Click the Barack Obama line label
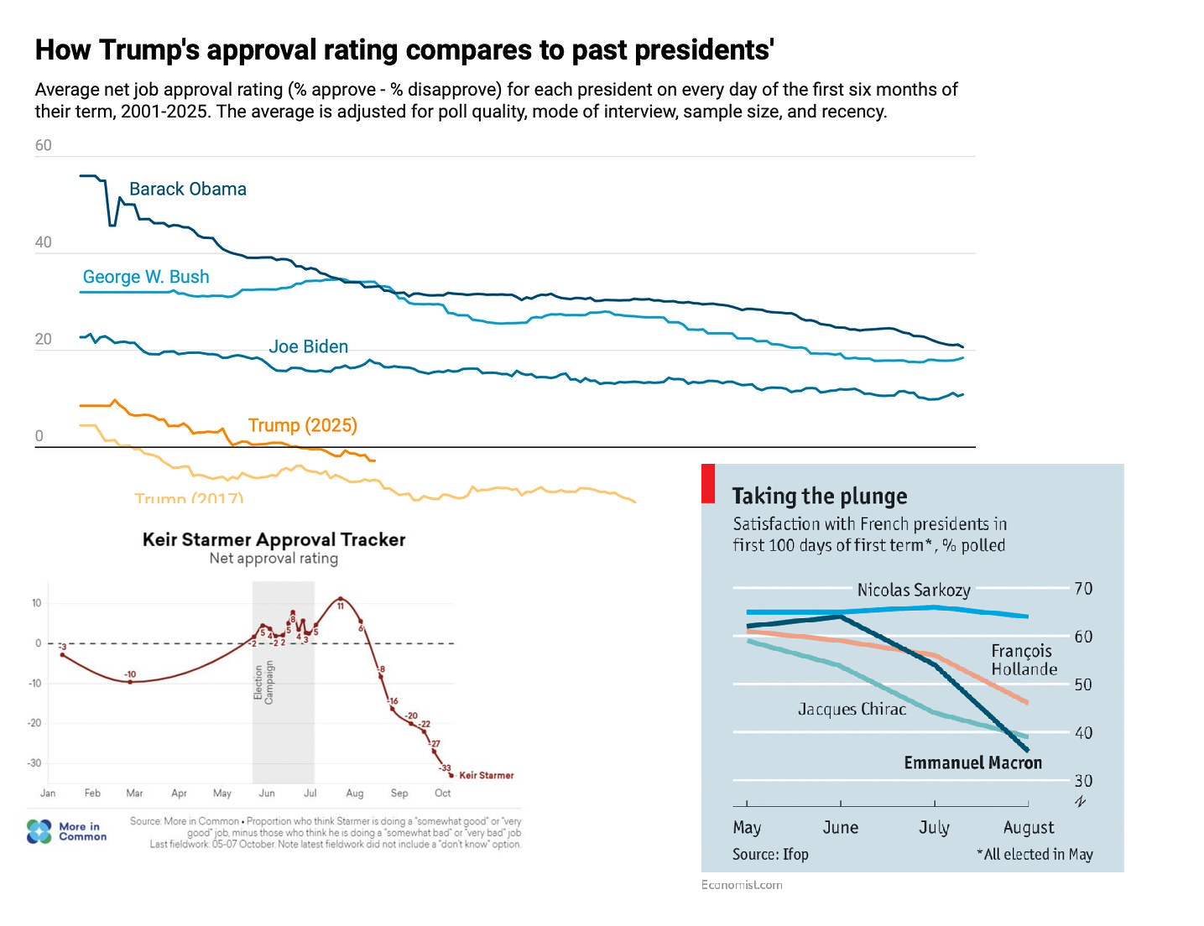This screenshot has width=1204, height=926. (187, 190)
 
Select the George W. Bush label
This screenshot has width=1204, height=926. (146, 277)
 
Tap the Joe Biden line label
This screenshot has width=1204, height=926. (308, 346)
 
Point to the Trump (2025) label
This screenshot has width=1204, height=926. (302, 425)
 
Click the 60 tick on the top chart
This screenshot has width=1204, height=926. (43, 146)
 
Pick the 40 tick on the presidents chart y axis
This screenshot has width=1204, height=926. (43, 242)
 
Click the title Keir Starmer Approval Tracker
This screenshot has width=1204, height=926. (274, 539)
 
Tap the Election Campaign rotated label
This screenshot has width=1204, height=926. (263, 682)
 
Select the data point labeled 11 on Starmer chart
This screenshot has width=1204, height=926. (340, 599)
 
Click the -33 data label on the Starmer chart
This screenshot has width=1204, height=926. (445, 767)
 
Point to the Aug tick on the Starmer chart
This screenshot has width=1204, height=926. (355, 793)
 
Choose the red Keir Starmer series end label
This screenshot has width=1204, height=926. (487, 775)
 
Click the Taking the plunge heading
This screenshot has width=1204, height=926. (819, 497)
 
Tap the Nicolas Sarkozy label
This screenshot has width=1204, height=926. (913, 590)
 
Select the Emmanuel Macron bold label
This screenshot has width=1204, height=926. (972, 762)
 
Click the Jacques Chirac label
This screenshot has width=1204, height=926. (852, 709)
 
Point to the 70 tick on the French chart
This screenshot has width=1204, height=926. (1083, 589)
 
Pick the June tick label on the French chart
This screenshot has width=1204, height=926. (840, 828)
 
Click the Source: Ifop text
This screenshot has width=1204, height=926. (770, 854)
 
